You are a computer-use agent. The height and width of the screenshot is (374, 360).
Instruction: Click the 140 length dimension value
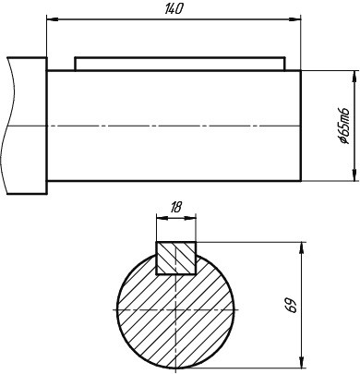coord(174,9)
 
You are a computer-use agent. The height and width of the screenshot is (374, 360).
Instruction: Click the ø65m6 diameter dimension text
coord(344,126)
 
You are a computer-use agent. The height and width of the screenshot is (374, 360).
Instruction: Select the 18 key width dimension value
coord(175,208)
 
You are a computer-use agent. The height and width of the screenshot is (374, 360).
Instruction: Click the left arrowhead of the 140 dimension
coord(52,19)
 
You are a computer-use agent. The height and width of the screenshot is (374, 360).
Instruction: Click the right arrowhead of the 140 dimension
coord(294,19)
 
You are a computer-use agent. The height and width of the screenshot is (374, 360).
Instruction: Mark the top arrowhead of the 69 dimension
coord(303,247)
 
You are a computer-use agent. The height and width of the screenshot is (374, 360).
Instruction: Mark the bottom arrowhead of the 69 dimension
coord(303,362)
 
